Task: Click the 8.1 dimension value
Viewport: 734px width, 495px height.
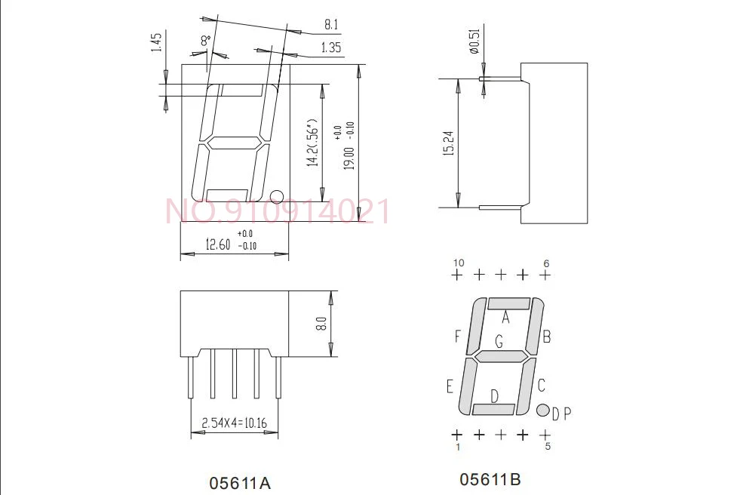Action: click(331, 24)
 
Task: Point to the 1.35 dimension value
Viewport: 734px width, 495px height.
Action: click(331, 48)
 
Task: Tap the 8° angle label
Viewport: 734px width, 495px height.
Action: click(206, 41)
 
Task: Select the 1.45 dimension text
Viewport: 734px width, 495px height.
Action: click(156, 42)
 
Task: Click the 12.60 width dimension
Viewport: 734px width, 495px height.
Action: click(218, 244)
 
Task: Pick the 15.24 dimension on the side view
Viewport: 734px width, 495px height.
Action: click(448, 143)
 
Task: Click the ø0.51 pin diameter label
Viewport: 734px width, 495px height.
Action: click(474, 42)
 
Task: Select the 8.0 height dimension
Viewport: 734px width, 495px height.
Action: click(321, 324)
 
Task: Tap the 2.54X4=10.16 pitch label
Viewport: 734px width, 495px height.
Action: click(234, 423)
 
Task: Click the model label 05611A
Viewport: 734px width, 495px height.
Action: click(240, 483)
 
